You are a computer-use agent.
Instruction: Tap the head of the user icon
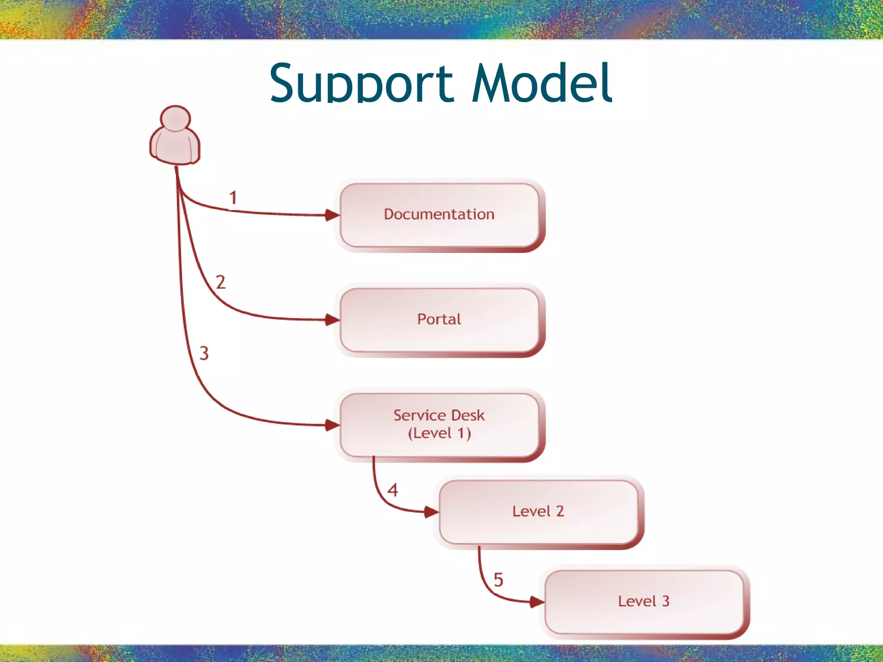coord(175,119)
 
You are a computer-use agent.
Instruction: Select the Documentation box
coord(439,215)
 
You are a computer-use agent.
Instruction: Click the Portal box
coord(439,320)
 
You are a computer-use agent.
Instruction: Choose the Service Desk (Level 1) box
coord(439,425)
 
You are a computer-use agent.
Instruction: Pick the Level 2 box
coord(538,512)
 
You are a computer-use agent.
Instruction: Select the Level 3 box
coord(644,601)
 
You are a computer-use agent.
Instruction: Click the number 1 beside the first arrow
coord(233,198)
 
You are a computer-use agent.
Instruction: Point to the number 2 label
coord(220,282)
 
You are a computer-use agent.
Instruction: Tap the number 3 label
coord(204,353)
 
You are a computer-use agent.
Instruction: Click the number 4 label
coord(392,490)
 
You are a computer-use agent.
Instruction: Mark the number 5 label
coord(498,580)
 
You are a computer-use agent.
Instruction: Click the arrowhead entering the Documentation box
coord(332,215)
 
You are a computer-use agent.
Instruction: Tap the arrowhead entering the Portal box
coord(332,320)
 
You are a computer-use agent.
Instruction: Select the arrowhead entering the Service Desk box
coord(332,425)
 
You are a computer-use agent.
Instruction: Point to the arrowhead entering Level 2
coord(431,512)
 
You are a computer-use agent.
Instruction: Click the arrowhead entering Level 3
coord(537,602)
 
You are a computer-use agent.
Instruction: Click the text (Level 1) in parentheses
coord(439,433)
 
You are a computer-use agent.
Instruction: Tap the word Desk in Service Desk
coord(467,415)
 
